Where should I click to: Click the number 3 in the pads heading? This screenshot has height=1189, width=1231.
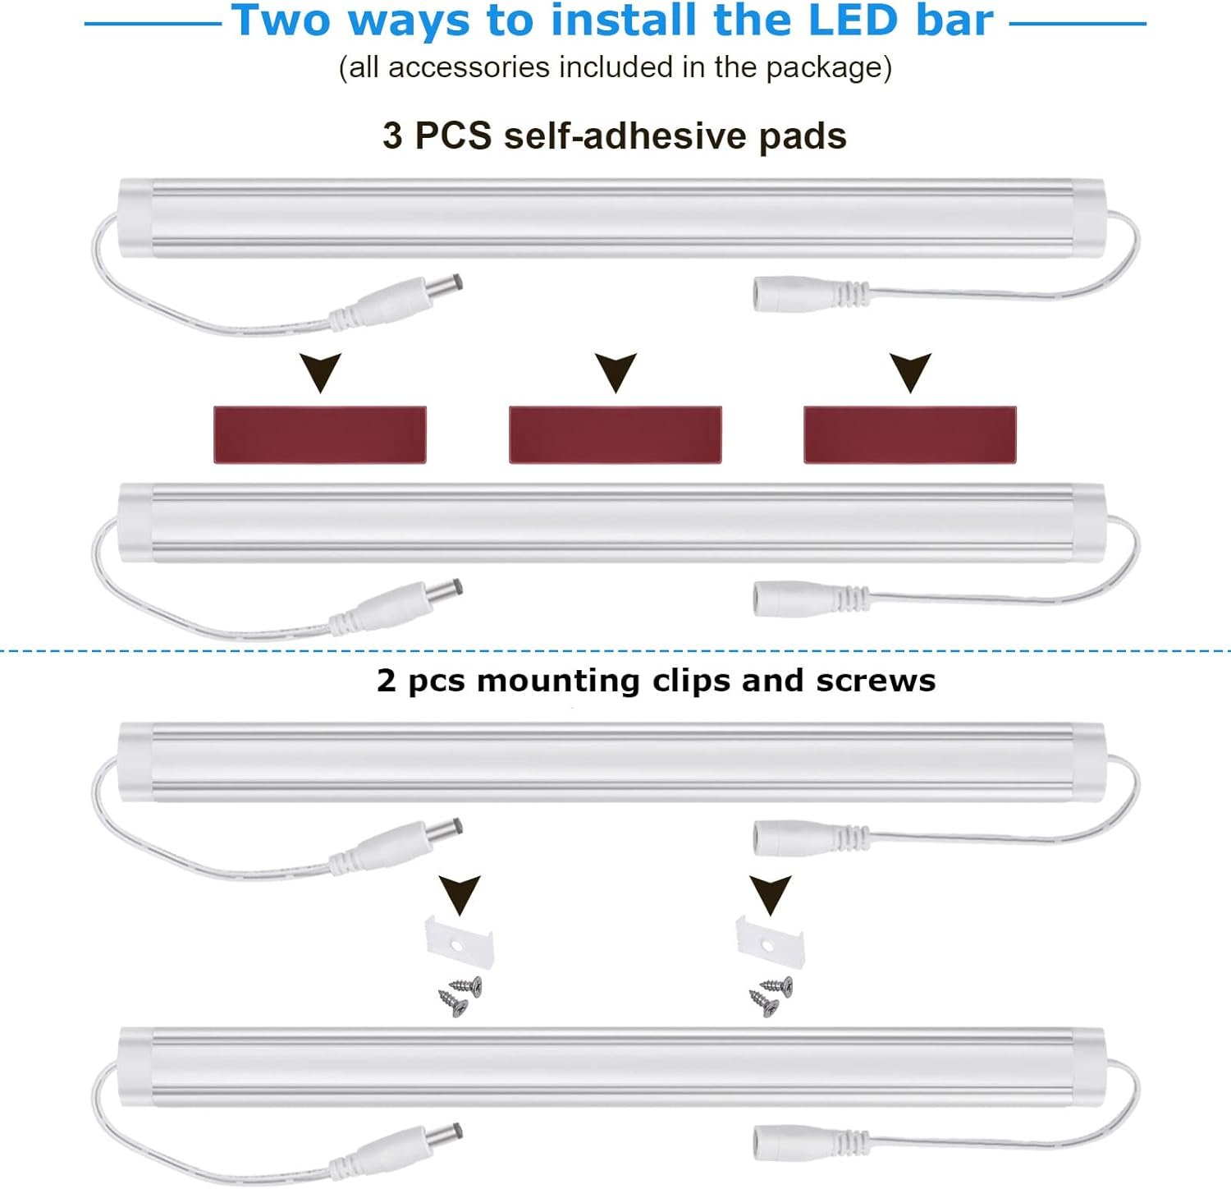click(x=392, y=135)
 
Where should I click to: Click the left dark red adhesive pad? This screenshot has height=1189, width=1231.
click(x=320, y=434)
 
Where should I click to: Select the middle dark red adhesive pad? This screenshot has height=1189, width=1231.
click(x=615, y=434)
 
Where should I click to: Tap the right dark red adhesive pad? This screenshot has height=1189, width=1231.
click(x=910, y=434)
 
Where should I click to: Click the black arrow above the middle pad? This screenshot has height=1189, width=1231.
click(x=615, y=371)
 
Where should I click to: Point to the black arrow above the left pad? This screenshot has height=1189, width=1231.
click(x=320, y=371)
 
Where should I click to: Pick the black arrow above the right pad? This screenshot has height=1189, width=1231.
click(x=910, y=371)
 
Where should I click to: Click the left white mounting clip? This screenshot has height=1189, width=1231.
click(x=458, y=943)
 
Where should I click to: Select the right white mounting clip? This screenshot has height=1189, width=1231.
click(x=769, y=941)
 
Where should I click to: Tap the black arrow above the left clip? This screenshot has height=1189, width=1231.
click(x=460, y=893)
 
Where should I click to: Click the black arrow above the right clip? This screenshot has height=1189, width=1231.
click(x=770, y=893)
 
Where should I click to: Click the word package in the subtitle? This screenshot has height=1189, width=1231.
click(x=823, y=68)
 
